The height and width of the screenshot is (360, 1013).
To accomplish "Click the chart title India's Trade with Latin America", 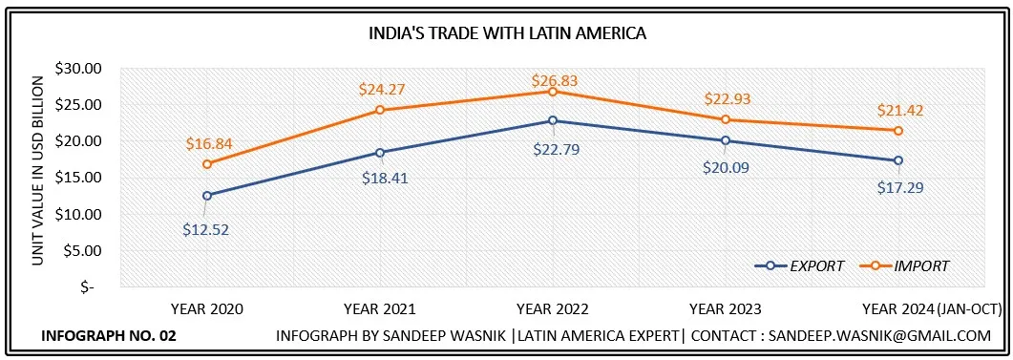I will click(x=508, y=33).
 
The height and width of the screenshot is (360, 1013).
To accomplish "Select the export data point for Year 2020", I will click(x=207, y=195).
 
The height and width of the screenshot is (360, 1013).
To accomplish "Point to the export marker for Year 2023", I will click(x=726, y=140).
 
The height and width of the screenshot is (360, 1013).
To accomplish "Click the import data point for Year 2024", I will click(x=898, y=130).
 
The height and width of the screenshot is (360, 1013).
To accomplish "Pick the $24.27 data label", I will click(x=381, y=89).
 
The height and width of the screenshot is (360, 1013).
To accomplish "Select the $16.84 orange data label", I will click(x=209, y=144).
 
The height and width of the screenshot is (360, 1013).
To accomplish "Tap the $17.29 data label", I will click(x=900, y=187).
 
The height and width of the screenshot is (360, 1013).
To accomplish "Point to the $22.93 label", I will click(x=727, y=98).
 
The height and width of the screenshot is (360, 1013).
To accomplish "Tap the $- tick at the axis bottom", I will click(x=87, y=286).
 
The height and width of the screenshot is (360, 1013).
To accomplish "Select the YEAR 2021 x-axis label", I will click(x=379, y=308).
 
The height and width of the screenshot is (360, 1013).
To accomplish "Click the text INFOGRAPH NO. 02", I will click(x=109, y=336).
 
